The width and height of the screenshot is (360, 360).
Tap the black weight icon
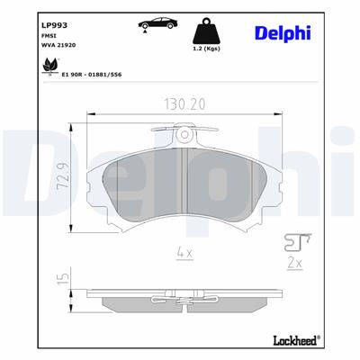click(x=208, y=28)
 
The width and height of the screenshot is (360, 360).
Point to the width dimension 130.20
click(x=184, y=104)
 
